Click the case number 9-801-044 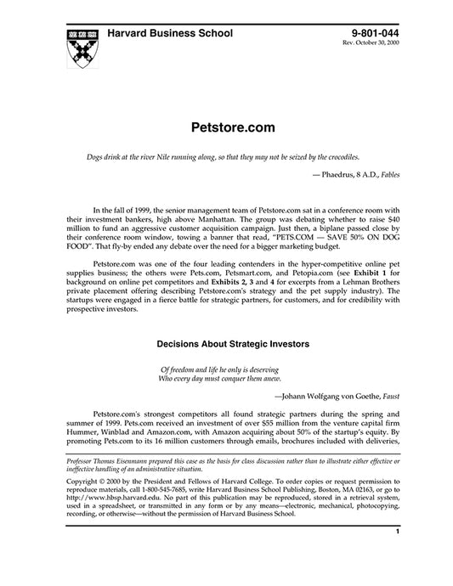coord(372,31)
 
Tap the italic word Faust coord(390,395)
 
